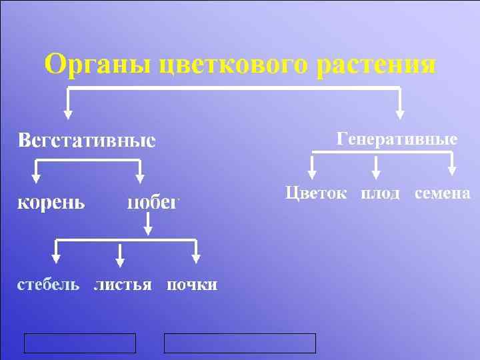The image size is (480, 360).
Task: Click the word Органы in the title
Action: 98,65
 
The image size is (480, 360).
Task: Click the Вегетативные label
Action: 86,141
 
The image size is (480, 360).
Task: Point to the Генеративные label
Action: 397,139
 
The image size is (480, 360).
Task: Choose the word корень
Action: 51,202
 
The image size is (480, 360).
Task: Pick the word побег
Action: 153,202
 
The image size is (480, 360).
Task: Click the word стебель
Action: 48,285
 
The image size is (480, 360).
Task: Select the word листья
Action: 123,285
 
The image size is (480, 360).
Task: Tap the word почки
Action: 191,285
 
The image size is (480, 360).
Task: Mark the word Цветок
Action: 316,193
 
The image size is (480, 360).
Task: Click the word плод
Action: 380,193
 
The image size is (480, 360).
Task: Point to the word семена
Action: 443,193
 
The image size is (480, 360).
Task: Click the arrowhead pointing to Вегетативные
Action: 67,116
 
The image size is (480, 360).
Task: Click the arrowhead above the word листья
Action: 121,261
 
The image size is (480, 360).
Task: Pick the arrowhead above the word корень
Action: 37,178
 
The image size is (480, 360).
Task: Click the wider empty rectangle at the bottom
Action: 240,343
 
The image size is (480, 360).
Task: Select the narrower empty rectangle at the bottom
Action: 80,343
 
